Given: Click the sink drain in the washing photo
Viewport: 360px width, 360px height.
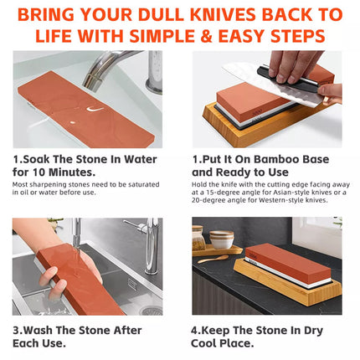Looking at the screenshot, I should coord(152,310).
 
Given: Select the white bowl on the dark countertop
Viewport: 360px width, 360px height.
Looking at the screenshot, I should coord(221,240).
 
